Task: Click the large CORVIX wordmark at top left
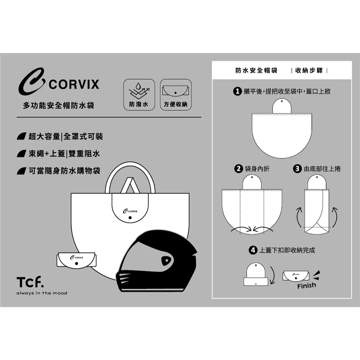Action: pos(74,84)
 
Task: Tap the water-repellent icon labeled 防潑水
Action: pos(139,95)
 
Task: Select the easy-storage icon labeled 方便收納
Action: pos(176,95)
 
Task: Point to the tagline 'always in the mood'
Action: pos(42,293)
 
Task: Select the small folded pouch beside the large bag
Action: pos(76,260)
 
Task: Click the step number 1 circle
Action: pos(237,91)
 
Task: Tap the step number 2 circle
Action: pos(239,169)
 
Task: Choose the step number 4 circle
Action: pos(253,250)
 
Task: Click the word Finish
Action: pos(307,285)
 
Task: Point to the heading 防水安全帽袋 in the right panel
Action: pos(256,70)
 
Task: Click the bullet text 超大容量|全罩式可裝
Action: pos(66,136)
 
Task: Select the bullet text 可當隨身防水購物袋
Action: pos(64,171)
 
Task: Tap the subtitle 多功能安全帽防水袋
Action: pos(59,105)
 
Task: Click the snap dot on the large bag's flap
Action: pos(130,218)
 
